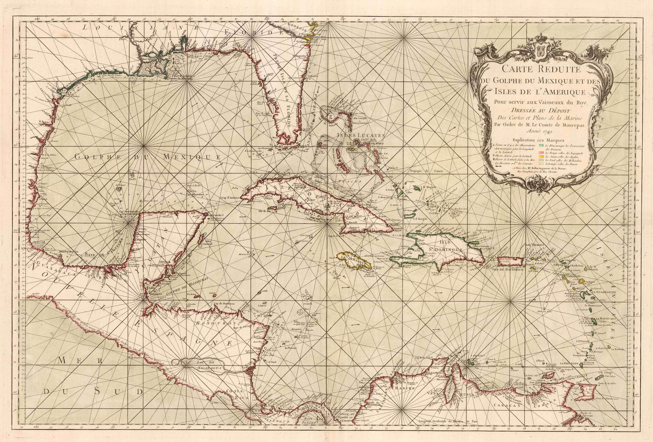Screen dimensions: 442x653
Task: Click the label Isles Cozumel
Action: pos(207,243)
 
